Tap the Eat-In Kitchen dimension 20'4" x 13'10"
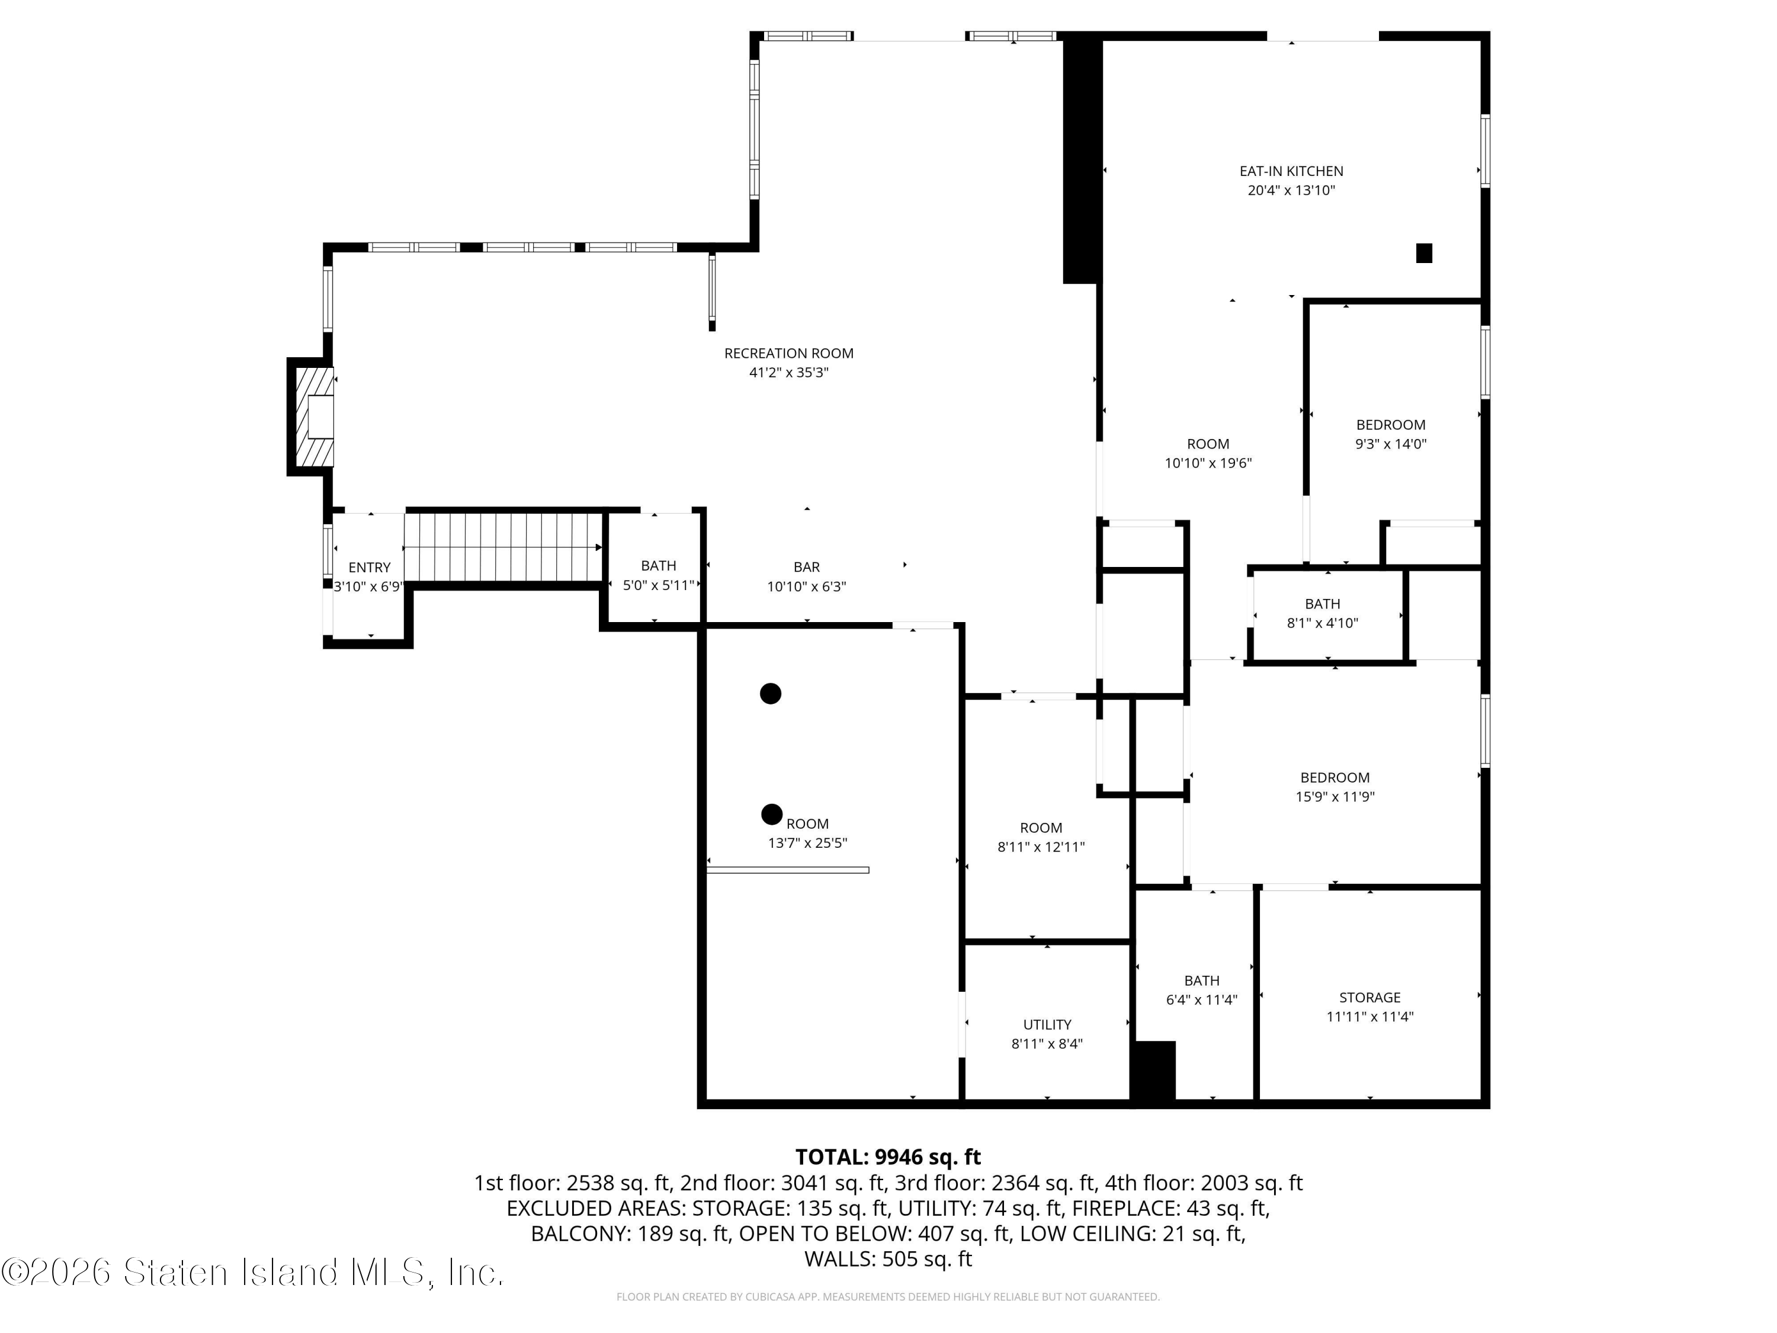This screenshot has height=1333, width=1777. click(1291, 190)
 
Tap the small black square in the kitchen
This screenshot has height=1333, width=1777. click(1423, 253)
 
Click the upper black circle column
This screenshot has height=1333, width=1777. click(771, 693)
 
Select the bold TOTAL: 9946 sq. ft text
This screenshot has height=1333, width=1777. click(888, 1157)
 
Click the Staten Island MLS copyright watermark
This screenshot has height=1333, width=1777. click(252, 1272)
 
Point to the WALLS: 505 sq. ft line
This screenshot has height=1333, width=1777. click(888, 1259)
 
